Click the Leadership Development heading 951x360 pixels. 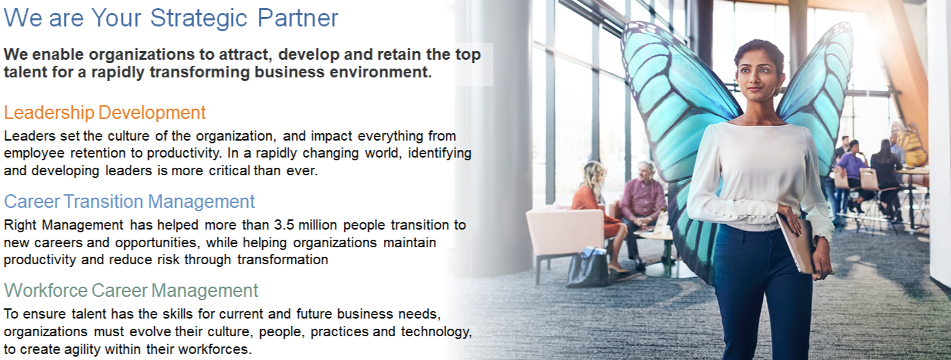(105, 113)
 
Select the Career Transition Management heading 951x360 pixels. (130, 202)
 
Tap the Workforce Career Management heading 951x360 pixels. (131, 291)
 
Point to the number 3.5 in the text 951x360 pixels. (284, 225)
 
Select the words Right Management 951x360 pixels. (64, 225)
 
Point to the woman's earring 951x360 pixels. (778, 91)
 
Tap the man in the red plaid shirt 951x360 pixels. (641, 212)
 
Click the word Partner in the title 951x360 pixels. (298, 18)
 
